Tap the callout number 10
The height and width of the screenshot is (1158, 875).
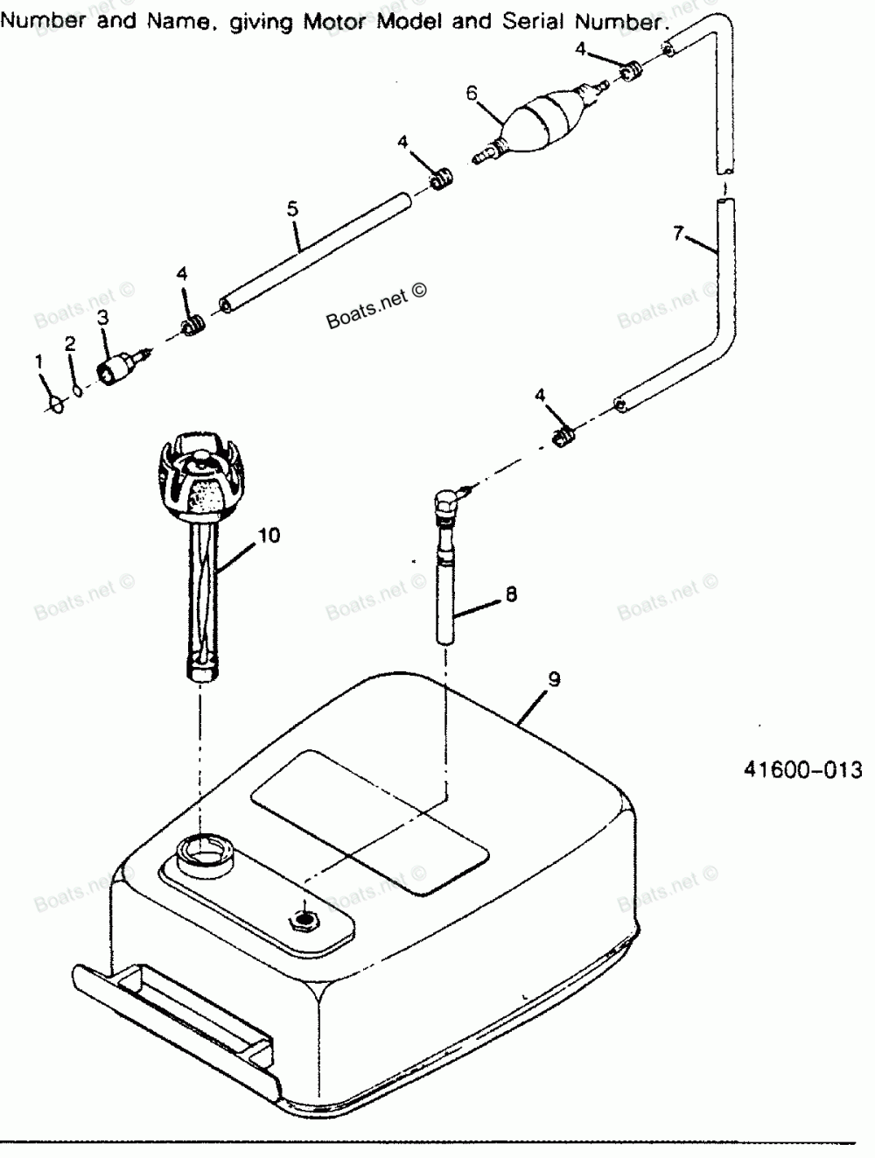tap(269, 534)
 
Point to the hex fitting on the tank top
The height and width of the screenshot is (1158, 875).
tap(304, 919)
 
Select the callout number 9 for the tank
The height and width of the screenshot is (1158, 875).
tap(553, 679)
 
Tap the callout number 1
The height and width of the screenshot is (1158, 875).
tap(38, 361)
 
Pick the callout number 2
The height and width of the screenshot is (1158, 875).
tap(70, 344)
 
